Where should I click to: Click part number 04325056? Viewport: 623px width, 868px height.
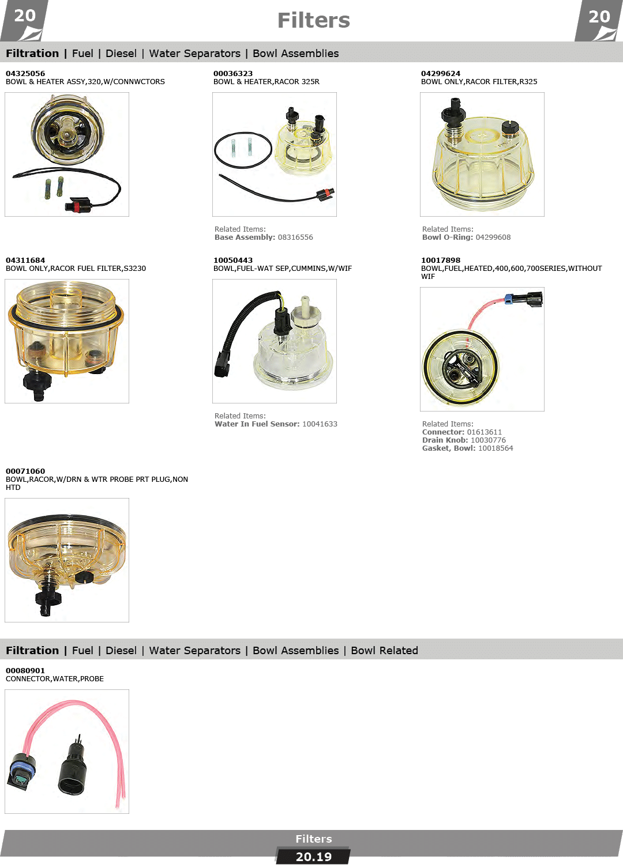[x=25, y=74]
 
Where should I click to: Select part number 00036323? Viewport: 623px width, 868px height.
[x=232, y=74]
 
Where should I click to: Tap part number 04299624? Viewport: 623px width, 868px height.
[x=441, y=74]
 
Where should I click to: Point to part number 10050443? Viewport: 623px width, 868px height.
[x=232, y=261]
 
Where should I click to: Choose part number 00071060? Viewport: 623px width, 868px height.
[x=25, y=471]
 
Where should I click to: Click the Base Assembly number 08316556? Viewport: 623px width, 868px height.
[x=295, y=237]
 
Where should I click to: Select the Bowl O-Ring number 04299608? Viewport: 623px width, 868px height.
[x=493, y=237]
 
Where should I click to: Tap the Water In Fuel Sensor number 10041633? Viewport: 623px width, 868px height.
[x=320, y=424]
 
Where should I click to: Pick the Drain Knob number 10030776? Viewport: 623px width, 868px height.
[x=488, y=440]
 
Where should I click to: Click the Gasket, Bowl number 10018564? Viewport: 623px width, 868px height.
[x=496, y=448]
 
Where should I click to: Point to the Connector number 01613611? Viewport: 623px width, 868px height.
[x=484, y=432]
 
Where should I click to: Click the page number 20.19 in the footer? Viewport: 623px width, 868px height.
[x=313, y=857]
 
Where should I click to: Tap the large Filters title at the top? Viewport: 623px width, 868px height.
[x=313, y=21]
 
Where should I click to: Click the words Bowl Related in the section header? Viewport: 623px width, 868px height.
[x=384, y=650]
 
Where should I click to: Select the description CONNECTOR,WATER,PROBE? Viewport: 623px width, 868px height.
[x=55, y=679]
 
